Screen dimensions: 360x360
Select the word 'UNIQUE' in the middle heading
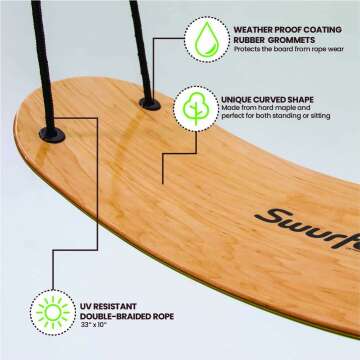click(x=244, y=99)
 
